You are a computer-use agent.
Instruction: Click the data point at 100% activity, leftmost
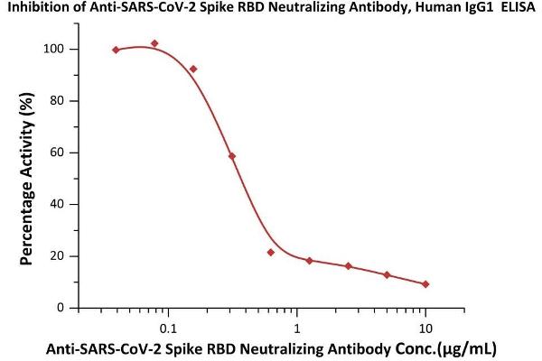point(116,50)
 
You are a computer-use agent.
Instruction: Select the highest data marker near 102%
point(154,43)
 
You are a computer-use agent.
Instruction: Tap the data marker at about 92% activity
point(193,69)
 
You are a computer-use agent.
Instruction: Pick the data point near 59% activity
point(232,156)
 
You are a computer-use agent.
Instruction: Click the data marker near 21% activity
point(271,252)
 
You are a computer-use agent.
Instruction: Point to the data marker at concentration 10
point(425,284)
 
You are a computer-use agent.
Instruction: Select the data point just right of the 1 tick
point(309,261)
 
